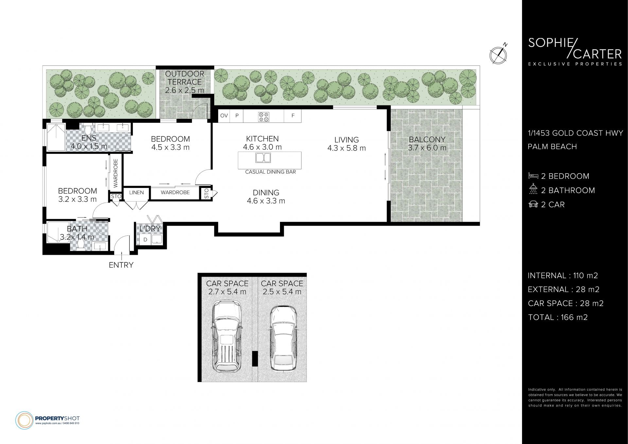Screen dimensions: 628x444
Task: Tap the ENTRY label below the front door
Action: (x=121, y=265)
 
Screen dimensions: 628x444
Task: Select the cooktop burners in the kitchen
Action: (x=264, y=117)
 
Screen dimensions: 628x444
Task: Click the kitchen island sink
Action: (x=264, y=158)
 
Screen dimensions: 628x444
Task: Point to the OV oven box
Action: (x=224, y=116)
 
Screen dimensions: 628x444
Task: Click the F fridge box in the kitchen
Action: (x=293, y=116)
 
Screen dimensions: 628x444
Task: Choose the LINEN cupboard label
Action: (x=136, y=192)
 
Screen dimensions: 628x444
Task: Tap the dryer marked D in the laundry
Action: (x=145, y=239)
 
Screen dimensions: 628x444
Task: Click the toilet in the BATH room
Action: (x=81, y=244)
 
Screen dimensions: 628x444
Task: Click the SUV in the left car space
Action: (x=227, y=337)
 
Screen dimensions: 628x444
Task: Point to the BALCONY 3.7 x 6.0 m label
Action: (x=427, y=143)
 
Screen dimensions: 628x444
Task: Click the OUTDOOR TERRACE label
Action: (x=184, y=82)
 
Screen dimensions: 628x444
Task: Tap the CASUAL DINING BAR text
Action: (x=270, y=172)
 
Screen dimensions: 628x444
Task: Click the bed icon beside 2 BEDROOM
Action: (x=533, y=176)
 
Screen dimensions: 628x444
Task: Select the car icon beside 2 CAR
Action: (x=533, y=204)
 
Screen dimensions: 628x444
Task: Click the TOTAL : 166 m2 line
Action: (x=558, y=317)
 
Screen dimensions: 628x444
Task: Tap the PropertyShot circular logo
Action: (x=24, y=420)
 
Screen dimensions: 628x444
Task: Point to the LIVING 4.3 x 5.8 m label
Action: (x=346, y=144)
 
